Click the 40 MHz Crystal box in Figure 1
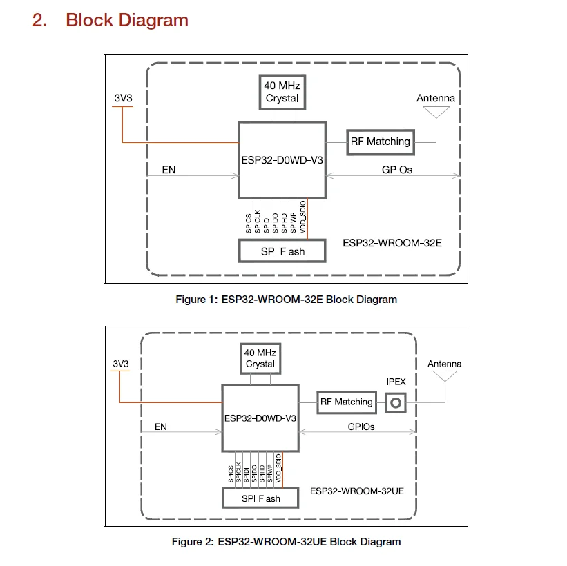282,92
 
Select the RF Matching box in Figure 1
380,141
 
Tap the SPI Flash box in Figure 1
282,251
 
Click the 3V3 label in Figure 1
123,98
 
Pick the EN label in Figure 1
169,169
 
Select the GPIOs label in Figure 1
396,169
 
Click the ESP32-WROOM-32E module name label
392,243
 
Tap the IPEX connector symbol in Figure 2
395,402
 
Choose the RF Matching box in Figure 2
345,402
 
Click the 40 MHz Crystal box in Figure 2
260,358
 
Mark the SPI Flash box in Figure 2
260,498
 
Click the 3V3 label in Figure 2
121,364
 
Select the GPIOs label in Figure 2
361,427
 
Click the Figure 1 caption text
286,300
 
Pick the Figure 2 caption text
286,542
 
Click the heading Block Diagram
127,20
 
